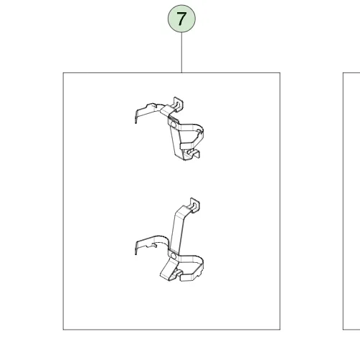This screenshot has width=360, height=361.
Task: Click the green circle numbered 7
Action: tap(181, 19)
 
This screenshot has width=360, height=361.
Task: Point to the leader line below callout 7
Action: tap(181, 52)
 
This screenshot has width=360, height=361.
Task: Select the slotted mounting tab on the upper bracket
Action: tap(179, 103)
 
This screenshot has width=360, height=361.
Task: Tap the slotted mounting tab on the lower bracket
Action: tap(195, 205)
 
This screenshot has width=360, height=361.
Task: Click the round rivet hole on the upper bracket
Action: tap(174, 125)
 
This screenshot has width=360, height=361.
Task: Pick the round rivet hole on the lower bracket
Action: tap(174, 256)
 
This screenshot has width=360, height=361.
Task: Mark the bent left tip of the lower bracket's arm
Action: tap(136, 249)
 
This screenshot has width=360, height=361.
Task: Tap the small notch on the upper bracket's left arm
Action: tap(155, 105)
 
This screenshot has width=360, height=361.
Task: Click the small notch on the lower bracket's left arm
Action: tap(152, 245)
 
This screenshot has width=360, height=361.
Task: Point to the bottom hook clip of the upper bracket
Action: tap(193, 154)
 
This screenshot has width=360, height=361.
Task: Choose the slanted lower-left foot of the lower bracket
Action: tap(168, 270)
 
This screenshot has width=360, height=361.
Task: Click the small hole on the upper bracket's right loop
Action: tap(199, 131)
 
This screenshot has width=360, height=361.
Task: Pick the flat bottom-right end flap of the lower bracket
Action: tap(190, 278)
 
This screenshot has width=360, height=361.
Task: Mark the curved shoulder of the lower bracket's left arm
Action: tap(160, 239)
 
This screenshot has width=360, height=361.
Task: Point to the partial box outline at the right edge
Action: tap(344, 201)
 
